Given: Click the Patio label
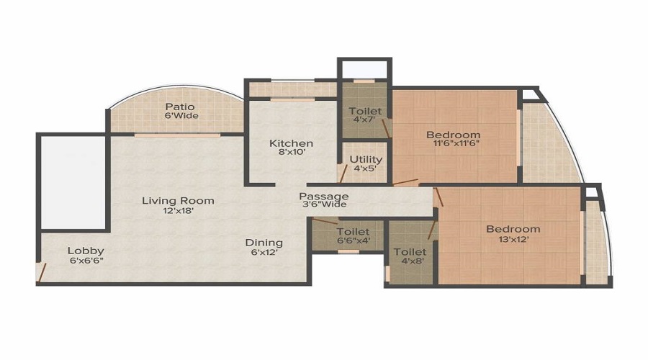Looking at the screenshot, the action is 180,107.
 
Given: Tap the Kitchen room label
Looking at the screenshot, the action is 291,143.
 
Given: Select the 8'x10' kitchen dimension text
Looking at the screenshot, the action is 292,152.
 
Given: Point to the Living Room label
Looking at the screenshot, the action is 178,201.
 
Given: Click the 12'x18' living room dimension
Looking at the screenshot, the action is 179,210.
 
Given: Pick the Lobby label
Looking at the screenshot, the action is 86,251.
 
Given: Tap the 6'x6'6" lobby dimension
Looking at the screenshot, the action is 86,261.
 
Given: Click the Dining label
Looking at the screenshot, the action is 264,243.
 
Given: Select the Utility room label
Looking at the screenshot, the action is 366,159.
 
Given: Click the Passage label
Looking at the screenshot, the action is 323,197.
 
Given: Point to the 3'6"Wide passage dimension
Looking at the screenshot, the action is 323,204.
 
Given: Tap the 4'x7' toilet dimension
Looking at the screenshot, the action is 365,120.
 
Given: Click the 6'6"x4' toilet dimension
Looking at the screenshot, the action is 354,240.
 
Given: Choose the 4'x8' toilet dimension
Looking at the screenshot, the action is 413,261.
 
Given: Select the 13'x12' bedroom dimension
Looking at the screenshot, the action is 513,239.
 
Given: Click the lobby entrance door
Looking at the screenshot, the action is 41,272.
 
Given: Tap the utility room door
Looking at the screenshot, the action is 343,174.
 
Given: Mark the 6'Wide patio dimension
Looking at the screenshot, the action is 181,116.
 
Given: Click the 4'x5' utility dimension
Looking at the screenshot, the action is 366,168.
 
